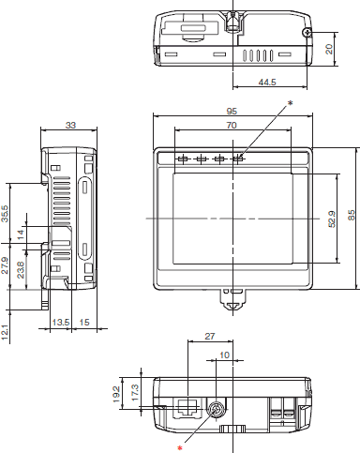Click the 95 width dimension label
(232, 111)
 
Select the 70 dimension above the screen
(232, 125)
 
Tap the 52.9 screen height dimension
(332, 219)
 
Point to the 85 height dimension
(352, 215)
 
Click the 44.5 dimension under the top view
(267, 83)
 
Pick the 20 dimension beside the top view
(329, 49)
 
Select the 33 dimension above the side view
(70, 125)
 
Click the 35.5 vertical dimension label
(5, 214)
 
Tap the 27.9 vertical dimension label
(5, 265)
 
